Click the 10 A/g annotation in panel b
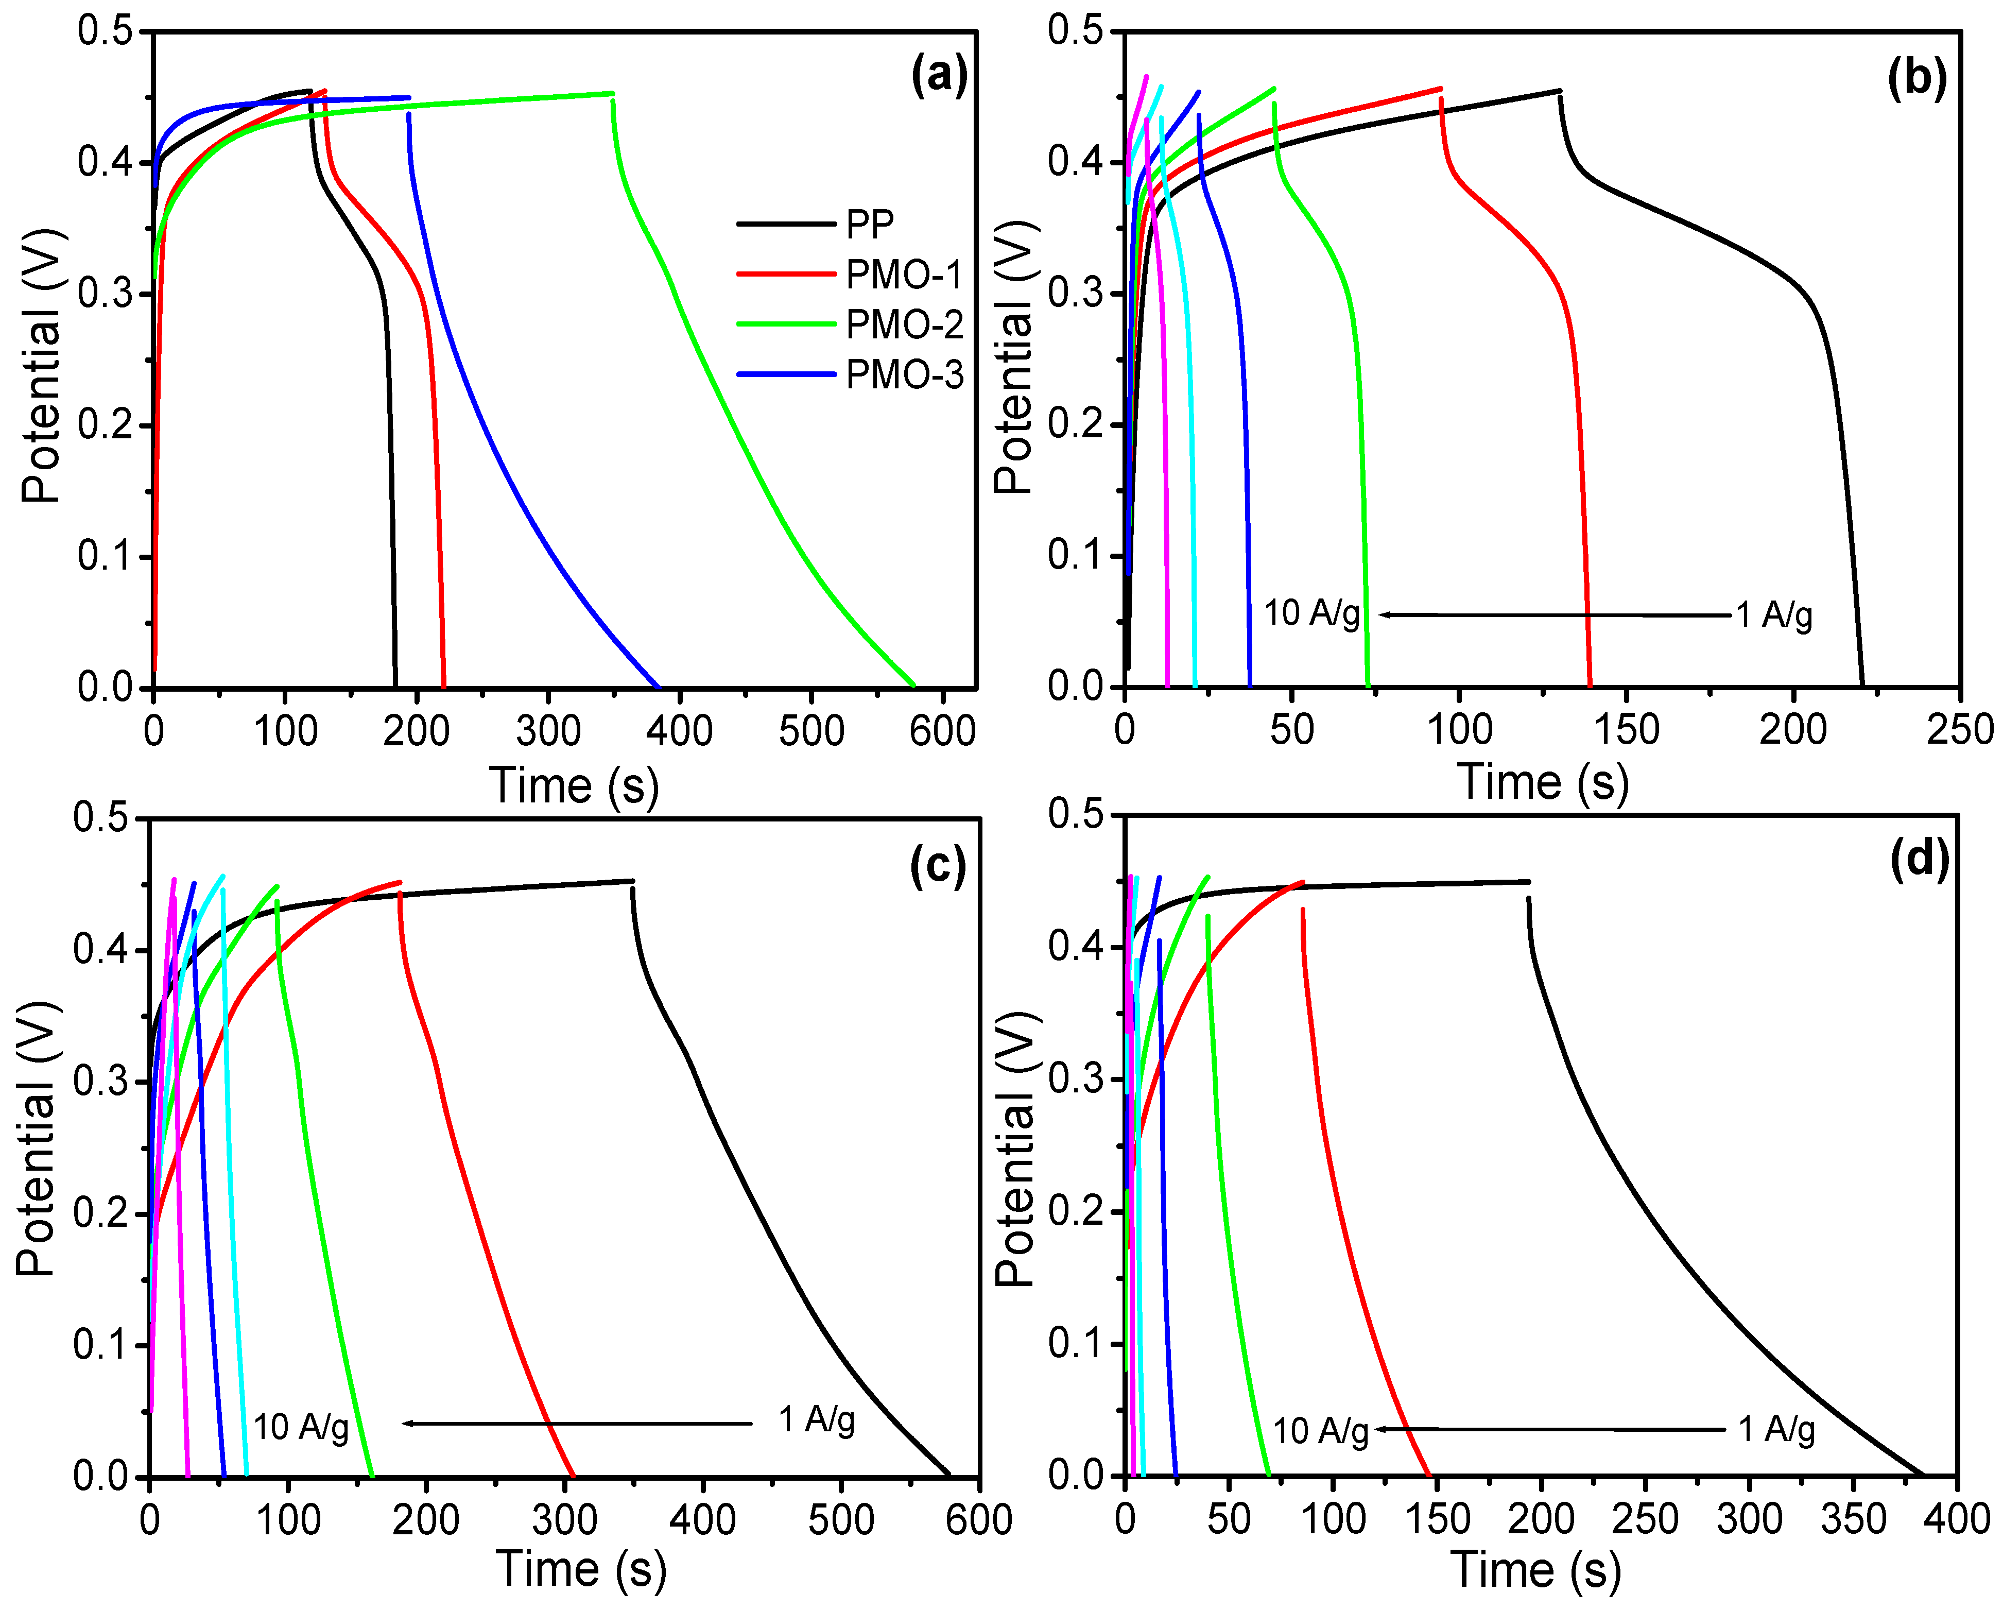1312,613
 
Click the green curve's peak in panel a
611,93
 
